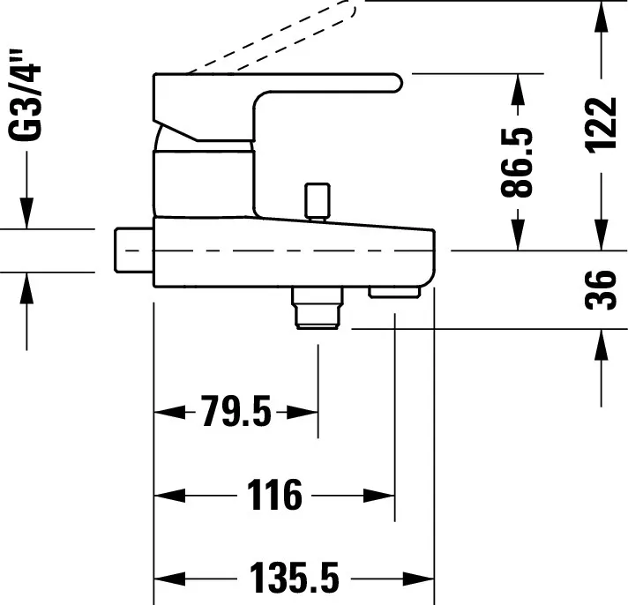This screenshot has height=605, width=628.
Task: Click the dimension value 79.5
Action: (x=235, y=412)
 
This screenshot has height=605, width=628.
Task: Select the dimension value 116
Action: (x=273, y=496)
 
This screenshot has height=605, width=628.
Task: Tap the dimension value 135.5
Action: (x=294, y=579)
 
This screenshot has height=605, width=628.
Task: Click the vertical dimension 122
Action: (x=602, y=123)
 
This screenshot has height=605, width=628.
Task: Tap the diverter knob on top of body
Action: (x=314, y=200)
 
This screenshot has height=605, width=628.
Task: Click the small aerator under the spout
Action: (x=393, y=292)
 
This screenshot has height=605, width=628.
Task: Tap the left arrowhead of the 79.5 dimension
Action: (x=166, y=412)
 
